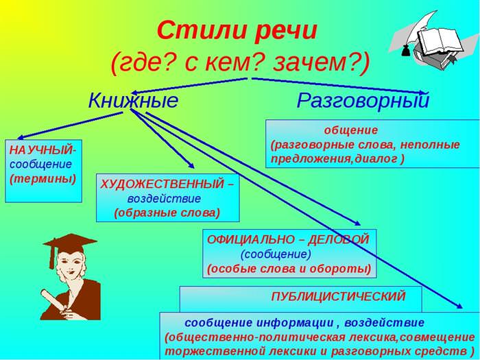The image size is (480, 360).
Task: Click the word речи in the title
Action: click(285, 32)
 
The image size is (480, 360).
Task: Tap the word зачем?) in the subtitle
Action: click(322, 63)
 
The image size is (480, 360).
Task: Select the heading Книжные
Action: click(133, 100)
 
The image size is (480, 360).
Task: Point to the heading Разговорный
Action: click(363, 101)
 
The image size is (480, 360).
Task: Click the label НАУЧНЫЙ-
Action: click(43, 150)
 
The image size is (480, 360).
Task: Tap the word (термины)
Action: click(43, 179)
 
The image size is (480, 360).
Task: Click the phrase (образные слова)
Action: click(167, 213)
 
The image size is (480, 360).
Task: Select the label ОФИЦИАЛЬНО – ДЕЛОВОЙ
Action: click(288, 239)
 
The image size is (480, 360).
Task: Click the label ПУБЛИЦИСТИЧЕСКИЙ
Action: click(338, 296)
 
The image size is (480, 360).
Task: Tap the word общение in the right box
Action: click(351, 130)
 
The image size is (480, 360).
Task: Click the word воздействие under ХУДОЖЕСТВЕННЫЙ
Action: click(165, 199)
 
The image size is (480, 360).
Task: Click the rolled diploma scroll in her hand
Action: click(55, 300)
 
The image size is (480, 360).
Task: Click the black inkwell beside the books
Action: click(406, 51)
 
